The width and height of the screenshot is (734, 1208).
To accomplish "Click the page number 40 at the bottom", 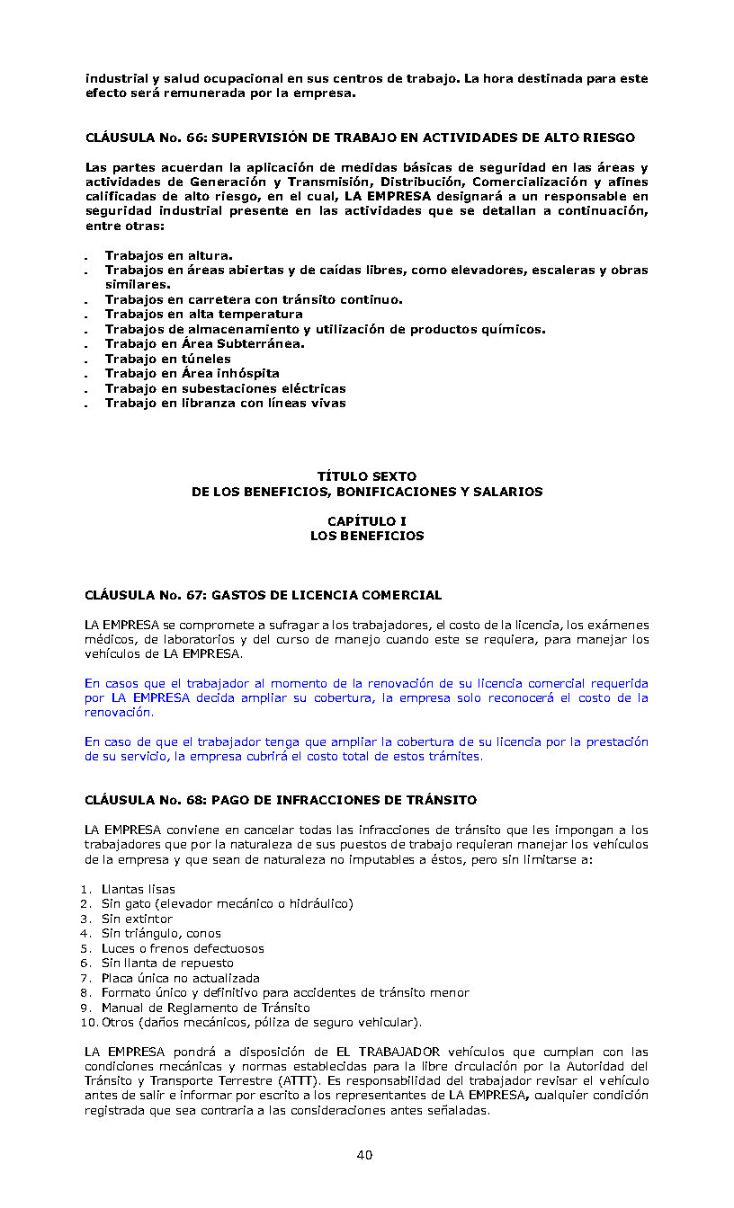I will pos(364,1155).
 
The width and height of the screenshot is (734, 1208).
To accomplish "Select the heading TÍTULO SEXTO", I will pos(367,476).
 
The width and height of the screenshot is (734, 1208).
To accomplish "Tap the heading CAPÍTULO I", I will pos(367,521).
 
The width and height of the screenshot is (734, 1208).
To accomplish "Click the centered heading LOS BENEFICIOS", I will pos(367,536).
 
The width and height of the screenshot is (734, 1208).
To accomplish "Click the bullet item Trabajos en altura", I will pos(169,255).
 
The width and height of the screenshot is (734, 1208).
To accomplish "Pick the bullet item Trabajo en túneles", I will pos(168,359).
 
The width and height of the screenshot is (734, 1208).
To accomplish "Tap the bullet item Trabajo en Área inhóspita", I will pos(192,373).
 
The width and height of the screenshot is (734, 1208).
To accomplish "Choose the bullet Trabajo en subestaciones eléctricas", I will pos(225,388).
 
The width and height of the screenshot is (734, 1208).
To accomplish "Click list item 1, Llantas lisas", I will pos(138,889).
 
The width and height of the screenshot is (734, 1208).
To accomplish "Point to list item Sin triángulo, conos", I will pos(161,933).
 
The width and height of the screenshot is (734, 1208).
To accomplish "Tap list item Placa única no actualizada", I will pos(180,978).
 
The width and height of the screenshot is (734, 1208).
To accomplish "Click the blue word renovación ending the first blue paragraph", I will pos(118,712).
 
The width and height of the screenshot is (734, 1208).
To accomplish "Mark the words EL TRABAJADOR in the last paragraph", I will pos(389,1052).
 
